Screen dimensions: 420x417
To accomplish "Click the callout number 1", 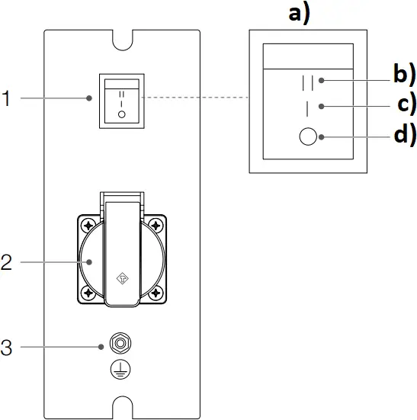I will tap(6, 99).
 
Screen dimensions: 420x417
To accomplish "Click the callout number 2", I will tap(6, 262).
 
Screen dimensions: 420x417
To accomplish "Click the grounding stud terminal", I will tap(120, 341).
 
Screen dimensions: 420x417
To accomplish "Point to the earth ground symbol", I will tap(120, 368).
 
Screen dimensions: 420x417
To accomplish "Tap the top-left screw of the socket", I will tap(88, 226).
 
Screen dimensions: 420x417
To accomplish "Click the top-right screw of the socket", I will tap(156, 226).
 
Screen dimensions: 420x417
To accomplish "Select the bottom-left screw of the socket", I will tap(88, 293).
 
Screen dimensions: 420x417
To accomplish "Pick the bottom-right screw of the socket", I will tap(156, 293).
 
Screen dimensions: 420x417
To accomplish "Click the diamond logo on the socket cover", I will tap(122, 280).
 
